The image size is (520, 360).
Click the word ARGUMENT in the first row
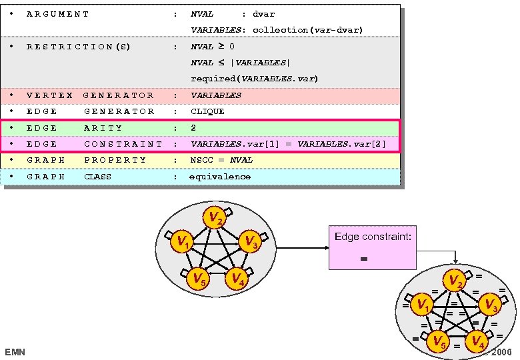(58, 13)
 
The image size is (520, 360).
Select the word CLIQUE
(207, 111)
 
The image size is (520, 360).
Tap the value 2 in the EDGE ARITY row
(193, 127)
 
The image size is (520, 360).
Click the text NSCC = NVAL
(222, 160)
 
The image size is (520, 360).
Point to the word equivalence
(220, 177)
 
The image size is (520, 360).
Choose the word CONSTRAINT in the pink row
(123, 144)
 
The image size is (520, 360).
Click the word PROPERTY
(115, 160)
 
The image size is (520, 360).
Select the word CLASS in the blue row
(97, 177)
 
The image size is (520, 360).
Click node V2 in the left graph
(213, 218)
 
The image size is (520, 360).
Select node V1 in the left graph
(182, 243)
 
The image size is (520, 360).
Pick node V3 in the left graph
(249, 243)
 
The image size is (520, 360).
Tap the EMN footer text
(15, 351)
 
